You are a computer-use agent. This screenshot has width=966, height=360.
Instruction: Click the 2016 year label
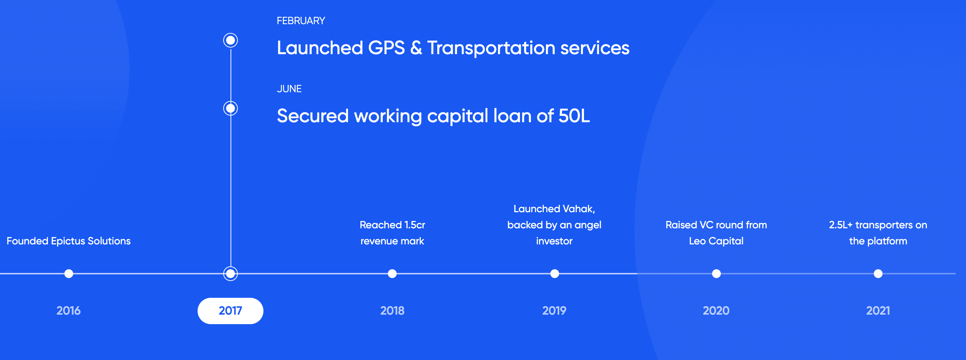tap(69, 311)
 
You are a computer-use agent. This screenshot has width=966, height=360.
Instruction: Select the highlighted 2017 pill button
tap(230, 311)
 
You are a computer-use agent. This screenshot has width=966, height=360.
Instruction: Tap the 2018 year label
tap(392, 311)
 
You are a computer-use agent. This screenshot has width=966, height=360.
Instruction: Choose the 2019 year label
tap(554, 311)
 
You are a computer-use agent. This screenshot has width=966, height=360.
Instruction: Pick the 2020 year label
tap(716, 311)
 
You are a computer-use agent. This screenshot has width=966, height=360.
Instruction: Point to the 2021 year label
tap(878, 311)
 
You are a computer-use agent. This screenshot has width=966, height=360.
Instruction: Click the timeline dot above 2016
tap(69, 274)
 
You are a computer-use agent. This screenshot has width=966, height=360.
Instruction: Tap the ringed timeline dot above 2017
tap(231, 274)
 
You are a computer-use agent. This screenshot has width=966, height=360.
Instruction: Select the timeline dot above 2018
tap(392, 274)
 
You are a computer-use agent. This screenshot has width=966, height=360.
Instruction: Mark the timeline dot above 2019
tap(555, 274)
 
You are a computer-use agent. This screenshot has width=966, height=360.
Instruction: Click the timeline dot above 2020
tap(716, 274)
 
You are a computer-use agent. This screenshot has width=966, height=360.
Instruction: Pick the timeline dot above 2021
tap(878, 274)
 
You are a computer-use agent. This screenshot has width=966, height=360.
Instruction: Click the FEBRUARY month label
tap(301, 20)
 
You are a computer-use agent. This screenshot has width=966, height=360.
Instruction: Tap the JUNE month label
tap(289, 89)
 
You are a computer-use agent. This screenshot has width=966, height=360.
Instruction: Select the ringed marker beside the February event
tap(231, 40)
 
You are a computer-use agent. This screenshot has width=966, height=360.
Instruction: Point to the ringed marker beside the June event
tap(231, 108)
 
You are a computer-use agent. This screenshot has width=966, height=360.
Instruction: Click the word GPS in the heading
tap(387, 48)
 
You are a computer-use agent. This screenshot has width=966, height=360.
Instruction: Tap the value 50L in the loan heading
tap(574, 116)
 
